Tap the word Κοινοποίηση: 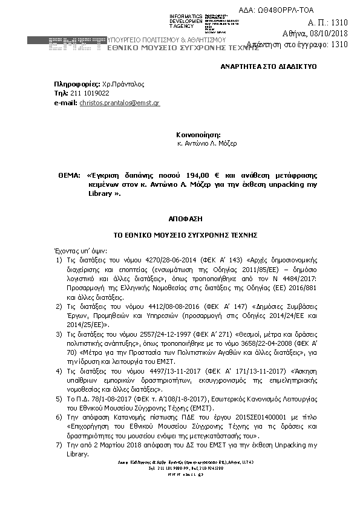click(x=198, y=134)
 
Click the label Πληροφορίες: click(x=74, y=84)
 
